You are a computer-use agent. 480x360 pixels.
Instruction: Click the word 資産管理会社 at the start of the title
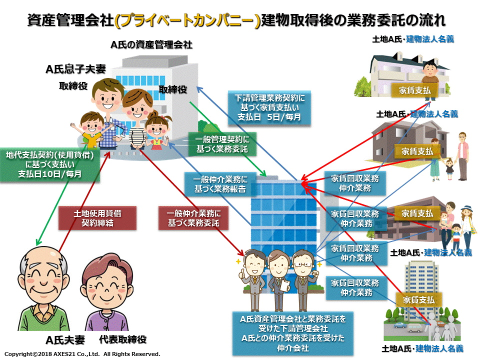click(x=70, y=20)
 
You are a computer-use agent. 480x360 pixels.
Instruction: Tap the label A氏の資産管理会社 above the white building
click(x=151, y=44)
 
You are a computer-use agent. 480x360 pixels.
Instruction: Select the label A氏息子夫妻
click(x=75, y=69)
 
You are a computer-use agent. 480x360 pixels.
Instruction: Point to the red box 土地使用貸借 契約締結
click(x=97, y=218)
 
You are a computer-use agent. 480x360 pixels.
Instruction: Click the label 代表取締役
click(x=123, y=340)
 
